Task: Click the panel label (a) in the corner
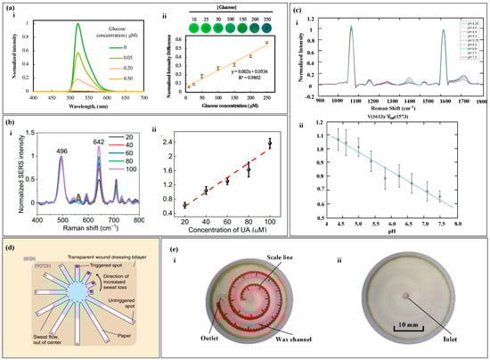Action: tap(9, 7)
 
